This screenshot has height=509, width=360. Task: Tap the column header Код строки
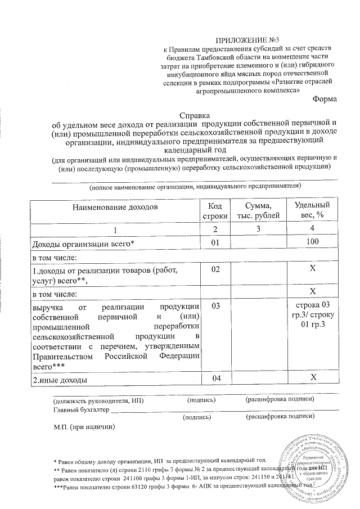click(x=214, y=211)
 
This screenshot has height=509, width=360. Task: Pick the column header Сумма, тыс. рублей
click(x=258, y=211)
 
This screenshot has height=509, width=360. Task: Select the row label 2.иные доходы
click(x=60, y=381)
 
